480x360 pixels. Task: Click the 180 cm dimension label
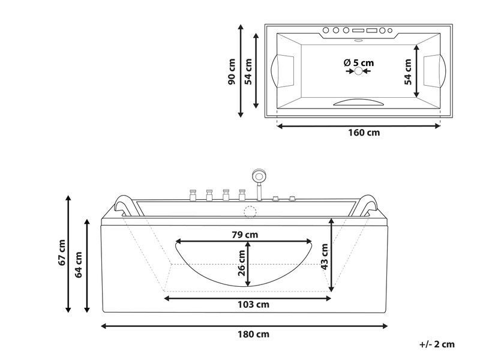[x=253, y=334]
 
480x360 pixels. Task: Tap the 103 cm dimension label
[x=253, y=305]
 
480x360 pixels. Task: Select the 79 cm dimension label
[x=245, y=235]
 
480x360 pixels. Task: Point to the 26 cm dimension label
[x=242, y=263]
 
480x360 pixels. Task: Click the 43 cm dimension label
[x=325, y=257]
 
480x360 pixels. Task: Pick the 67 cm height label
[x=62, y=253]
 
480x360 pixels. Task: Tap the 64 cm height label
[x=79, y=265]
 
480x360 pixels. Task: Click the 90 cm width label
[x=232, y=71]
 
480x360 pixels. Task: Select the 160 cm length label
[x=364, y=133]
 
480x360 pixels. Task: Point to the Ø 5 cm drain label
[x=359, y=63]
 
